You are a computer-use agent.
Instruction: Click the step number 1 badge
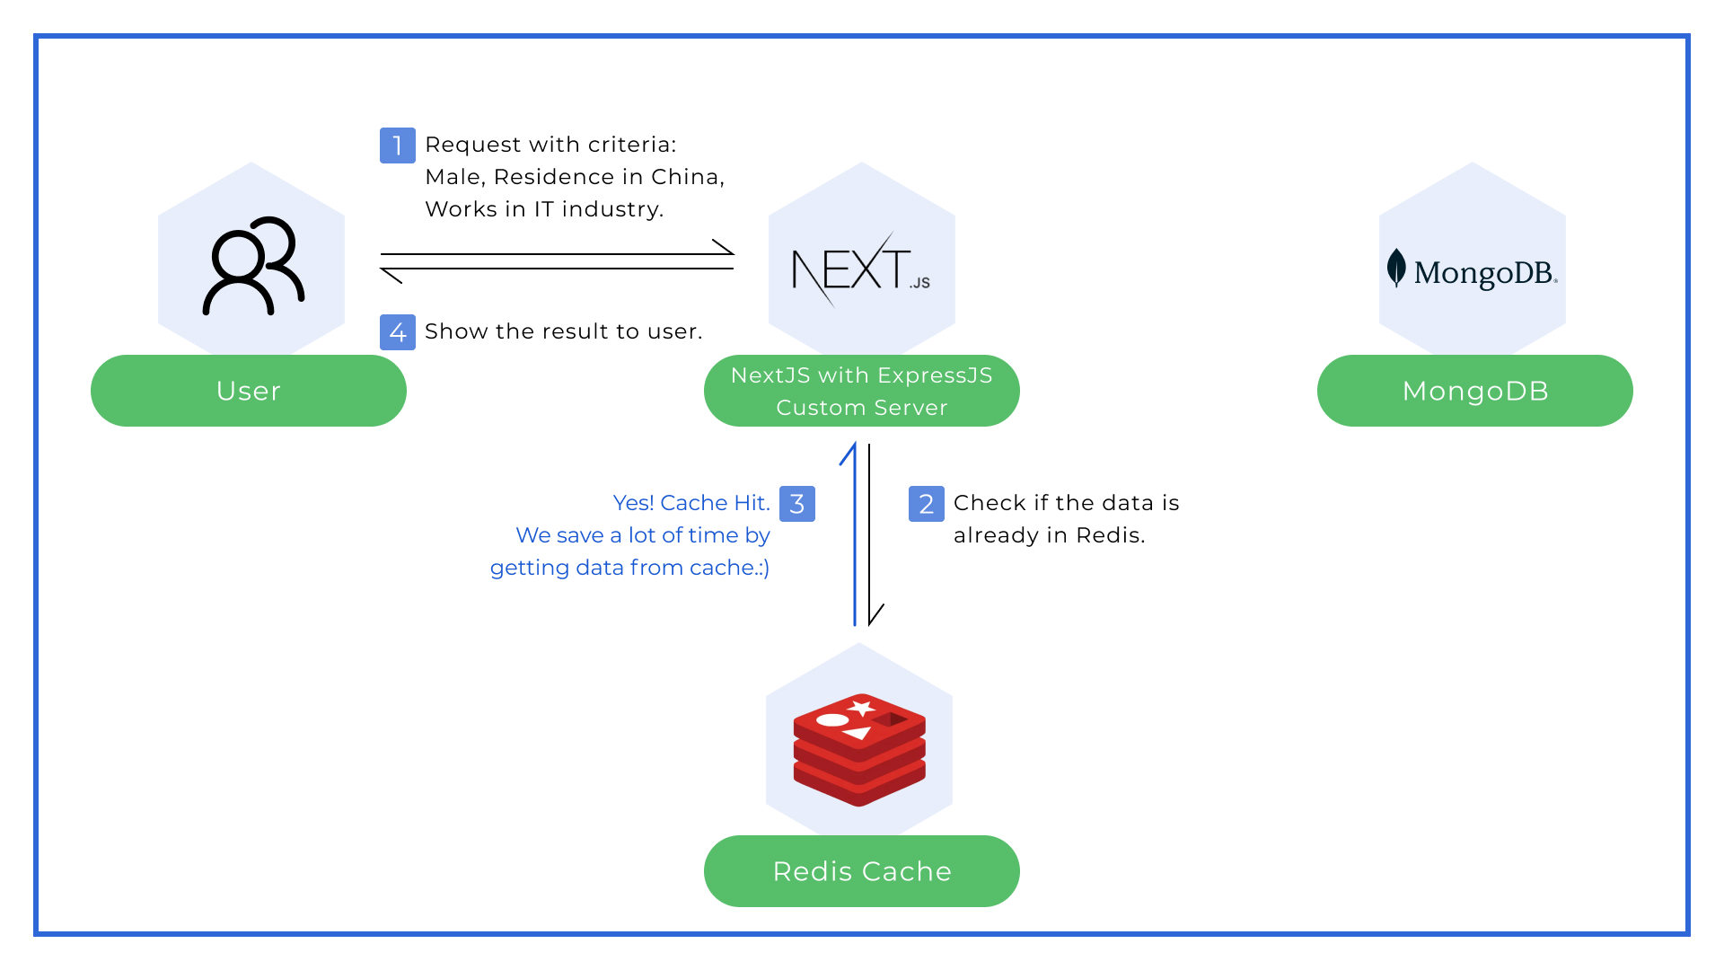coord(397,145)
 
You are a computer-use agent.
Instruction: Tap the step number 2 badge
coord(926,504)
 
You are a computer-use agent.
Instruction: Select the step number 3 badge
coord(796,504)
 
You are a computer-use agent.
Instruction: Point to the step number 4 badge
coord(397,332)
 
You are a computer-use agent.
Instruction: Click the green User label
coord(249,391)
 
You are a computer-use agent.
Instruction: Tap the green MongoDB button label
coord(1474,391)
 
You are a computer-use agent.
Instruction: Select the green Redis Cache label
coord(861,871)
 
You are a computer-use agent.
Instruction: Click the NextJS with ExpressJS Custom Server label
coord(861,391)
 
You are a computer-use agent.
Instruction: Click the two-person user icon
coord(253,266)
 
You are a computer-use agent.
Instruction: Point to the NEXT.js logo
coord(859,269)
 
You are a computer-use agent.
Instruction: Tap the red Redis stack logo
coord(859,750)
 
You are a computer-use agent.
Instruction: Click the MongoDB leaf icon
coord(1396,268)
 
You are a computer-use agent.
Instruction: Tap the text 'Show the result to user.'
coord(563,331)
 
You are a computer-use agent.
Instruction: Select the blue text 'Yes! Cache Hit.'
coord(690,503)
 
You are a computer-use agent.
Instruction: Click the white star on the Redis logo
coord(862,709)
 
